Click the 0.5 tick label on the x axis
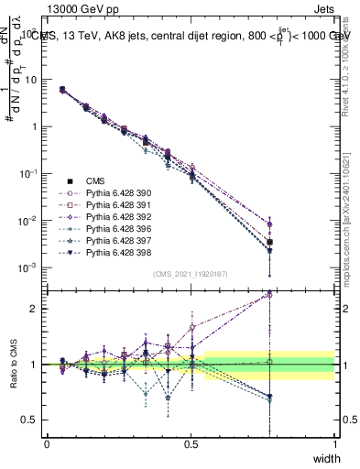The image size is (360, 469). point(191,443)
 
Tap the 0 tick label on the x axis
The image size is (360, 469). point(47,443)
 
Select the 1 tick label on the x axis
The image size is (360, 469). point(334,443)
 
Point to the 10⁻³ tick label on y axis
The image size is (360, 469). point(30,267)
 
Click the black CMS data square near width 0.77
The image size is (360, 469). point(269,242)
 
